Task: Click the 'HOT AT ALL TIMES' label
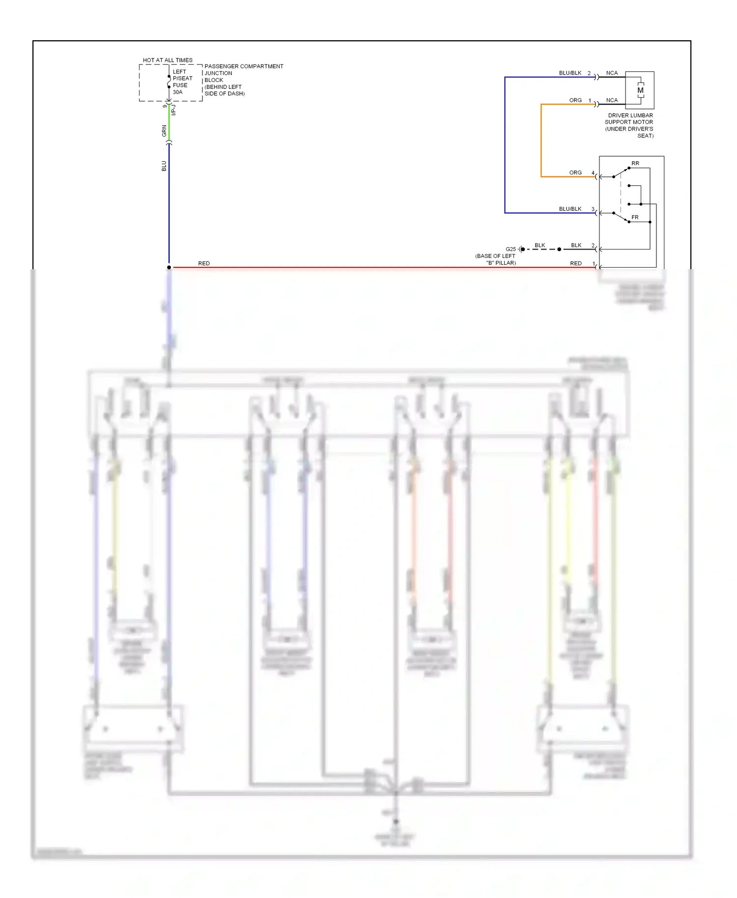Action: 168,60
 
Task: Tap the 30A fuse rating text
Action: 177,92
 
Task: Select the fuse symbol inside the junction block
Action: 169,82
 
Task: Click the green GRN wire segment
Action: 169,123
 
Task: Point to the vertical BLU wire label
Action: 164,166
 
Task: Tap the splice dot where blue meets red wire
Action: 169,268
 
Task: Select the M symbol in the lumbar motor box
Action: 640,90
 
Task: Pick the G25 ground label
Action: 510,249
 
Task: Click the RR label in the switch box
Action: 635,163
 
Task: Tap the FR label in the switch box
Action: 635,217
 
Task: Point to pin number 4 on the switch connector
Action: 593,173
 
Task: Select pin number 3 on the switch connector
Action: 593,209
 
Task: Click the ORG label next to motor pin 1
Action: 575,100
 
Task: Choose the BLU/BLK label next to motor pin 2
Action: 570,73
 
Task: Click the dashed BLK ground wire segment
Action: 541,250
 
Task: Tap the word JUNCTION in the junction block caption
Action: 218,73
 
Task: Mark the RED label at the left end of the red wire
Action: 204,264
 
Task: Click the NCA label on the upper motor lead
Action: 612,73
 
